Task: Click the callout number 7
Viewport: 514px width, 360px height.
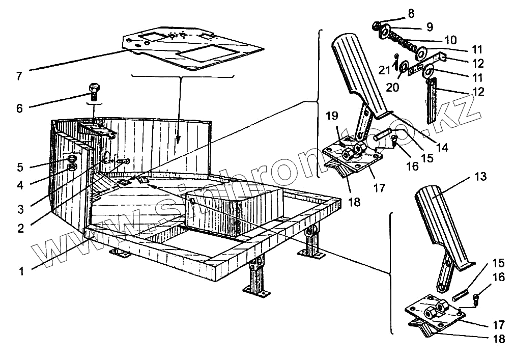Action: (19, 76)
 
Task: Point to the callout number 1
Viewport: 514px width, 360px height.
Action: (21, 271)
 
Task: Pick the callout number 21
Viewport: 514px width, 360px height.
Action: (384, 69)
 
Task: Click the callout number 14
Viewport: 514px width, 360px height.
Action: (443, 148)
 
